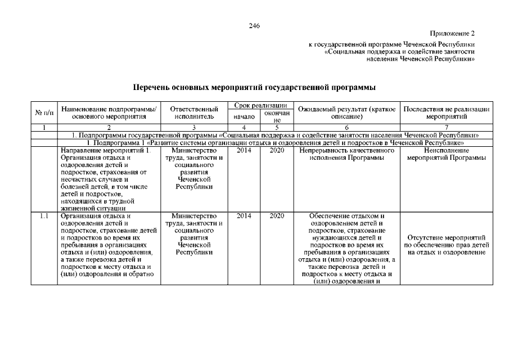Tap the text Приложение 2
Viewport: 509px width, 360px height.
(x=453, y=34)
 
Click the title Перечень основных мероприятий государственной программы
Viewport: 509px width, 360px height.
(x=254, y=88)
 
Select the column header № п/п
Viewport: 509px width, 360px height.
(x=44, y=112)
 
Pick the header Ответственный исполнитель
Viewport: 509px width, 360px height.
(x=194, y=112)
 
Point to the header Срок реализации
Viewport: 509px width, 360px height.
(x=260, y=105)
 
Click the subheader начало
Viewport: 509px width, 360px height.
(x=244, y=116)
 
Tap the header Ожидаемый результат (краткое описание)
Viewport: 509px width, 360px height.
(x=346, y=112)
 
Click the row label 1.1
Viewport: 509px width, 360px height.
(x=44, y=215)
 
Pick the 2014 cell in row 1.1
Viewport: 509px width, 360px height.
(x=244, y=215)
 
